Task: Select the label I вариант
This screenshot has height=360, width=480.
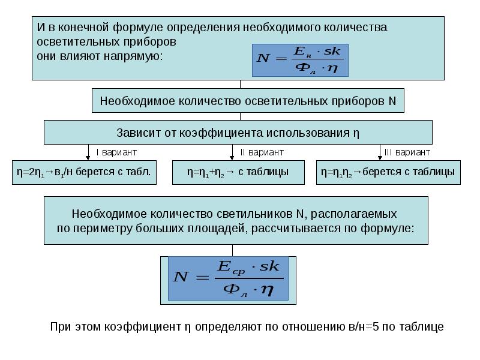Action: (116, 152)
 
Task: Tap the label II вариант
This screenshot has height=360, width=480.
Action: (262, 152)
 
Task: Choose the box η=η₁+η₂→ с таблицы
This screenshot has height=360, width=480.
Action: (238, 172)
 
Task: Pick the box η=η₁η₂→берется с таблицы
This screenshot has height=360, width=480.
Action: (388, 172)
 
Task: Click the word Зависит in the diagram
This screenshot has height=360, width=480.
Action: (139, 133)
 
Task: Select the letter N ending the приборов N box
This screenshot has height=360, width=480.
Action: (392, 101)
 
